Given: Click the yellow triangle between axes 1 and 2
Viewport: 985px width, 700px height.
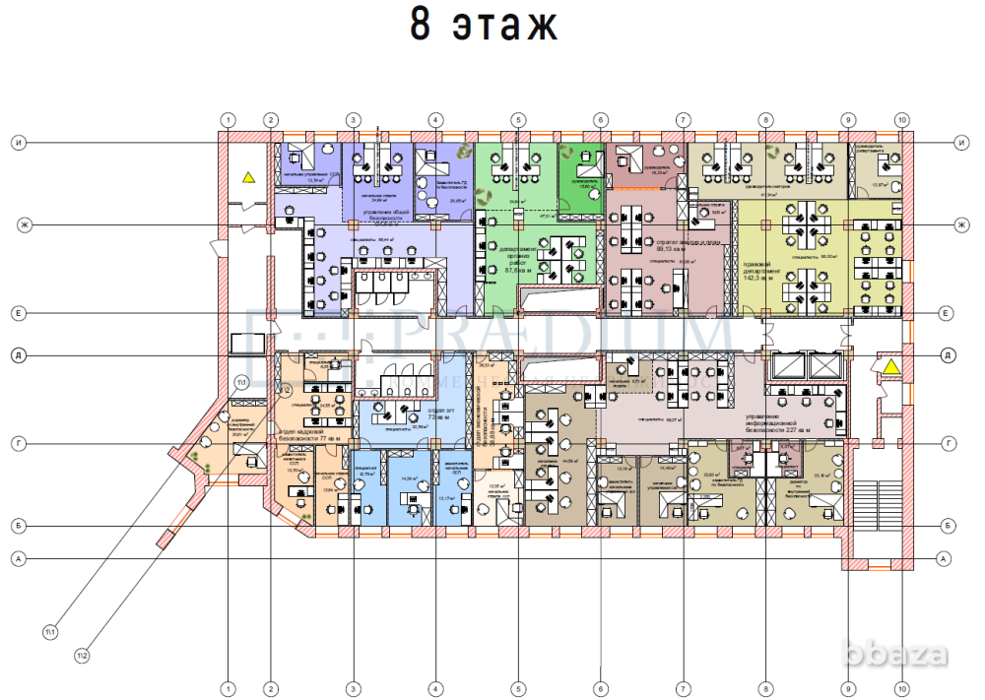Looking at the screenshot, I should point(249,178).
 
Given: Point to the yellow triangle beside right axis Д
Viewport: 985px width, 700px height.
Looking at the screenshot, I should point(890,367).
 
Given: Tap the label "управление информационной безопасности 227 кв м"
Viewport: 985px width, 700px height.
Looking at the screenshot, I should point(777,424).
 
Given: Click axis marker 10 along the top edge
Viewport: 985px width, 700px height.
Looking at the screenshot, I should point(901,120).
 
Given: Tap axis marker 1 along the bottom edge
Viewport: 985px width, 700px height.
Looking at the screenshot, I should point(229,688).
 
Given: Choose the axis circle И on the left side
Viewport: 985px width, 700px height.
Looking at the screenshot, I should point(18,143).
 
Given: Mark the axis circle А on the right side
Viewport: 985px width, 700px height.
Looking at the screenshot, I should point(945,558).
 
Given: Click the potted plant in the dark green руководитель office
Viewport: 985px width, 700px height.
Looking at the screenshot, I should point(567,152).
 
